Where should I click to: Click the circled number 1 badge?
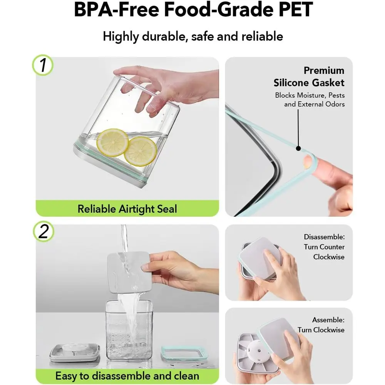click(43, 65)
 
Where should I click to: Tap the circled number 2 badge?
click(44, 231)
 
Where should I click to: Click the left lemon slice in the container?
click(112, 143)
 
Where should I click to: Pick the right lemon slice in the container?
click(140, 151)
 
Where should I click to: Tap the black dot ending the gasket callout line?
click(298, 148)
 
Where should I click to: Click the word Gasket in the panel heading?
click(328, 83)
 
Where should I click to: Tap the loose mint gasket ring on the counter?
click(184, 353)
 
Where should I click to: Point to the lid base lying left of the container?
click(75, 353)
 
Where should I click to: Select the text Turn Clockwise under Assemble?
click(321, 330)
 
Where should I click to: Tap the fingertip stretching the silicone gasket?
click(307, 162)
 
